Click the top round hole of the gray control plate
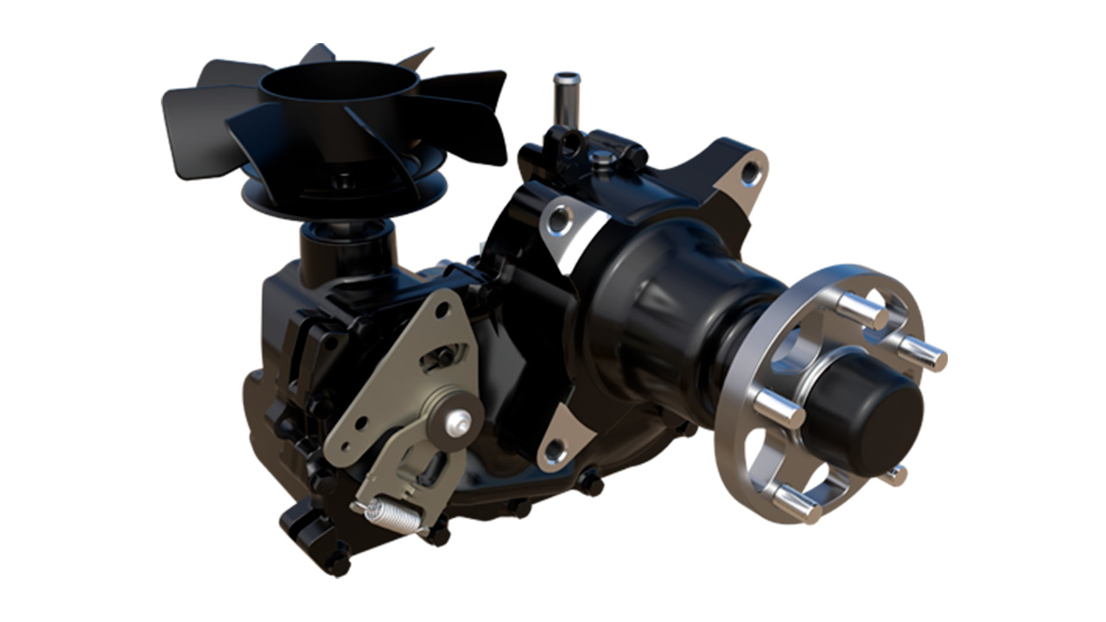pos(442,306)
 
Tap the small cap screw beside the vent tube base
pos(602,157)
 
